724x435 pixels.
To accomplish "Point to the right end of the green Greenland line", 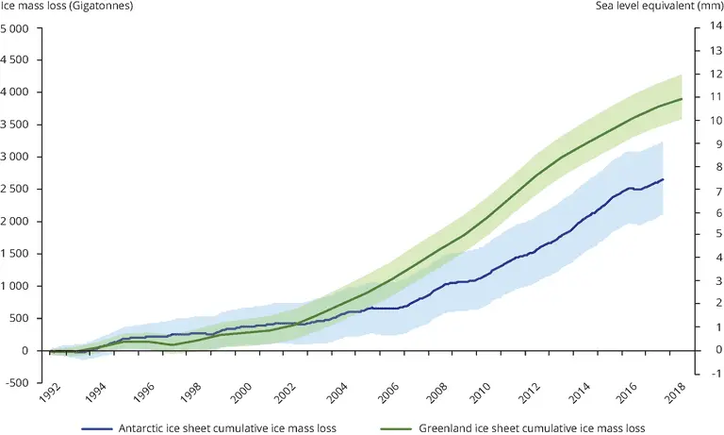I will tap(682, 99).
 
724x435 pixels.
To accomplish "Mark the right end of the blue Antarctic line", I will tap(663, 179).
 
